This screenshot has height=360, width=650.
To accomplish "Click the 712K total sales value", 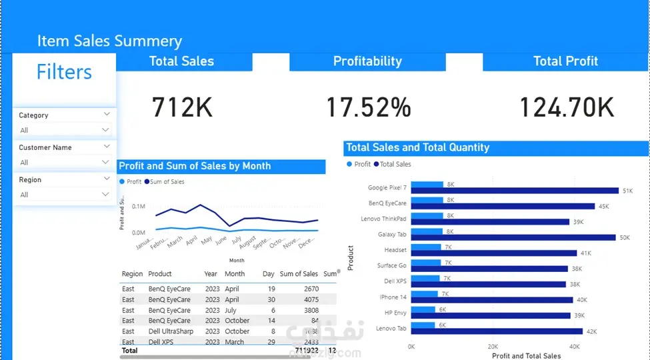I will click(x=183, y=107).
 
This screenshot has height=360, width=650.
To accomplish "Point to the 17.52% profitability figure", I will click(x=368, y=107).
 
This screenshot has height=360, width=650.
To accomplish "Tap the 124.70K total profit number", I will click(x=566, y=107).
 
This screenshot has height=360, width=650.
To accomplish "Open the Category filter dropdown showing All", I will click(x=64, y=130).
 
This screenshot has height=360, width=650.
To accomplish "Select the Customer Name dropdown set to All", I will click(x=64, y=162).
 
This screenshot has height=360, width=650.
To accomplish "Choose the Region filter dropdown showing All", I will click(x=64, y=195).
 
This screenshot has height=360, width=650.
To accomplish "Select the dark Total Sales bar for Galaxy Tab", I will click(x=513, y=237).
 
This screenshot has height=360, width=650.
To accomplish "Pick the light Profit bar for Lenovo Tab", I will click(x=423, y=325).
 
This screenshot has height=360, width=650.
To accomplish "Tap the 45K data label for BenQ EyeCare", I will click(x=603, y=207).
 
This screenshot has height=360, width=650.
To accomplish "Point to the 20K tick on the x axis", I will click(x=493, y=347).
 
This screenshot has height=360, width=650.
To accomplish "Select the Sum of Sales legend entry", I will click(x=167, y=181).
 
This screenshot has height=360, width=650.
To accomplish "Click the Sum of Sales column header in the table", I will click(x=299, y=274).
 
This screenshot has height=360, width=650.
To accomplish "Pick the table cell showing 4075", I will click(x=311, y=300).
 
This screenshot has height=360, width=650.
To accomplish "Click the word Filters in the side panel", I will click(x=64, y=72).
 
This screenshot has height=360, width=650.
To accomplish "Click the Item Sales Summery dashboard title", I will click(x=109, y=41).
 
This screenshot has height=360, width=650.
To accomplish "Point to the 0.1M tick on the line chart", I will click(x=139, y=207).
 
